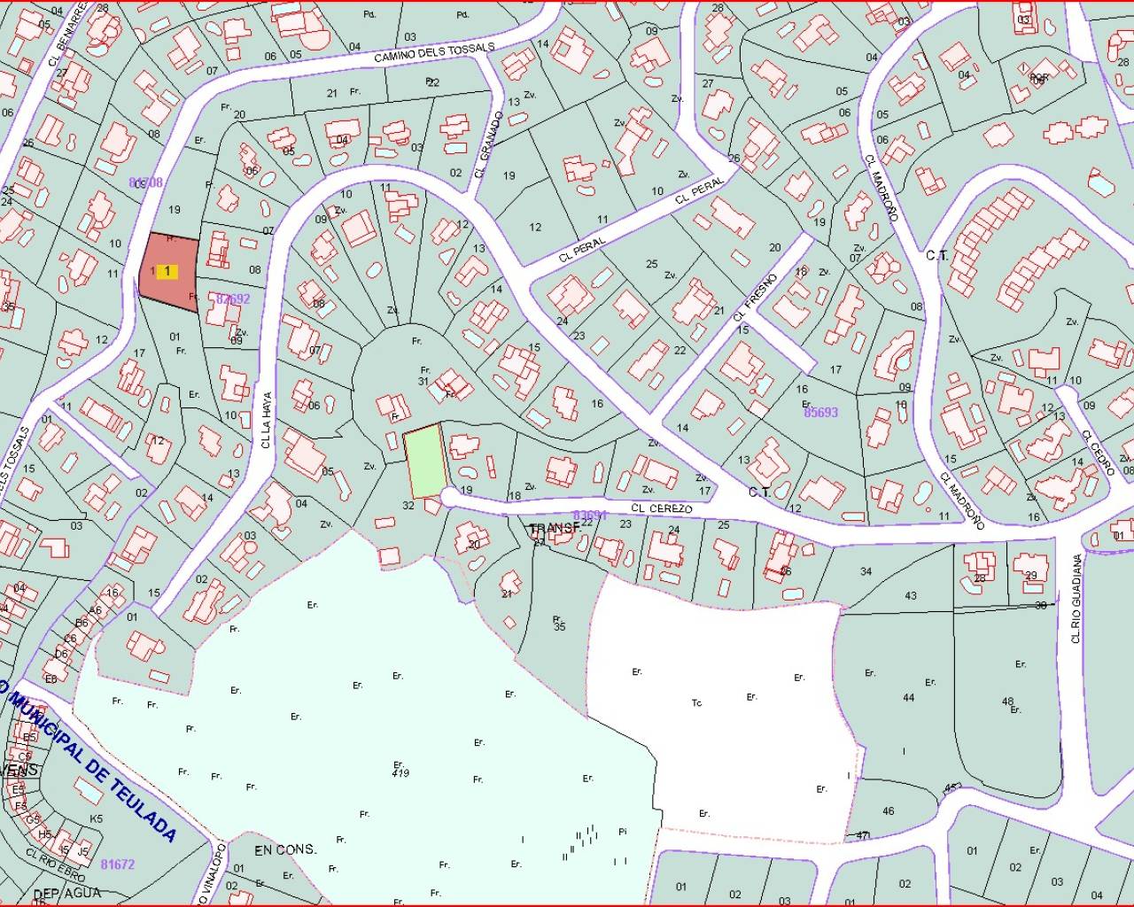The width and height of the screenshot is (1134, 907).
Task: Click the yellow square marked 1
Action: (x=166, y=272)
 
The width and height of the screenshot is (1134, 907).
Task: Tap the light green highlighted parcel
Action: (x=426, y=461)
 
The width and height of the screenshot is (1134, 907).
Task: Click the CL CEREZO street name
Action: (x=662, y=508)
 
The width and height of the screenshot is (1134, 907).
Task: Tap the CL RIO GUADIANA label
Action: (x=1076, y=598)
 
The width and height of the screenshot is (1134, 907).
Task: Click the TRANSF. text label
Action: (x=555, y=528)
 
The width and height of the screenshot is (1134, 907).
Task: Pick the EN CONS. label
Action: (x=284, y=849)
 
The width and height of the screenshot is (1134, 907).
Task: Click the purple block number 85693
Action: (x=820, y=412)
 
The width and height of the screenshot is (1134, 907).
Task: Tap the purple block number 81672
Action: (x=117, y=864)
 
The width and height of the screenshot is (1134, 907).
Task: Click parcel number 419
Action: (x=400, y=773)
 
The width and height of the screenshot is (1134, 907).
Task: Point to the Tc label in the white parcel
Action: (x=696, y=703)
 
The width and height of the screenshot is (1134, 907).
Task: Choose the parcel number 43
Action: (x=911, y=596)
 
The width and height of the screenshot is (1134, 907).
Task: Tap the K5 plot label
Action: (x=97, y=818)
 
